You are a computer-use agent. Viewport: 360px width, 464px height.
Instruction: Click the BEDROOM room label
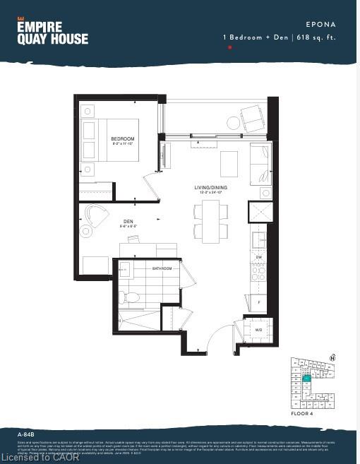(124, 139)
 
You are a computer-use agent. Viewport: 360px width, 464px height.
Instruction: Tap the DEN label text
(128, 222)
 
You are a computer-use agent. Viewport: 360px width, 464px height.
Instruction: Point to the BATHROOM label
(162, 268)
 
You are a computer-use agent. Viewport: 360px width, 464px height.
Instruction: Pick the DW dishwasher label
(259, 258)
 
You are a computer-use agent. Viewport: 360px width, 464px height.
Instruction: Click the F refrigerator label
(259, 302)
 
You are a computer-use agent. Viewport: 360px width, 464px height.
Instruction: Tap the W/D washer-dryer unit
(258, 328)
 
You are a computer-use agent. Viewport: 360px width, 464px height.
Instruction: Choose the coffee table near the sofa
(229, 164)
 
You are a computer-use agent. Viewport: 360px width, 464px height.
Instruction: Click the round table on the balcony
(233, 123)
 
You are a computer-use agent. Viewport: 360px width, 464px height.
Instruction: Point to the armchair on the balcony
(252, 116)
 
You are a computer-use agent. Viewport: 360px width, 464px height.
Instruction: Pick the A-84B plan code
(28, 433)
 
